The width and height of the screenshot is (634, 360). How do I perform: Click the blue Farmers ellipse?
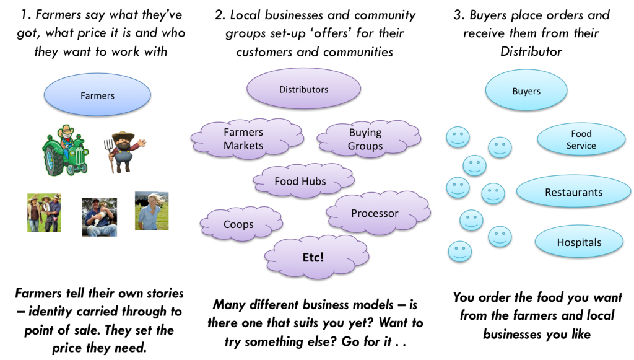click(x=97, y=95)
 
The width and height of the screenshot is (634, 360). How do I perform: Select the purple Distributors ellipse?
click(x=303, y=89)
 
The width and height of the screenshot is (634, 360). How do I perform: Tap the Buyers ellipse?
click(x=526, y=90)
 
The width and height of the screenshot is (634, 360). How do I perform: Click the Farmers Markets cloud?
click(x=244, y=139)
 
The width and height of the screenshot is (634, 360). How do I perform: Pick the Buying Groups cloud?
click(x=365, y=139)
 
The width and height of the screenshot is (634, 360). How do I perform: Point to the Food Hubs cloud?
click(x=301, y=181)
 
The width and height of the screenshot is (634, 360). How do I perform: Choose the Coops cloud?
click(x=239, y=224)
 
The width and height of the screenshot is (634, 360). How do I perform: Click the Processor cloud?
click(x=375, y=213)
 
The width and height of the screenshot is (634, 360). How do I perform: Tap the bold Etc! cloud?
click(x=314, y=257)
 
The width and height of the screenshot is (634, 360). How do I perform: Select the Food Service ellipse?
click(x=581, y=139)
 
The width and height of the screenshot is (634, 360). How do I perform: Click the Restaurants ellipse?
click(x=573, y=192)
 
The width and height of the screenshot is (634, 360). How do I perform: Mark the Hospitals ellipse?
click(x=579, y=242)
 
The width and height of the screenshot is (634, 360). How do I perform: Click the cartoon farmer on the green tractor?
click(x=66, y=150)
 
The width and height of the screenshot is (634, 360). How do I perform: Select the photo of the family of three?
click(x=45, y=213)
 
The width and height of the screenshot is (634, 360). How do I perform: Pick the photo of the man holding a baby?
click(x=100, y=216)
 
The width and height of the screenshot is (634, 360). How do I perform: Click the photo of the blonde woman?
click(x=152, y=211)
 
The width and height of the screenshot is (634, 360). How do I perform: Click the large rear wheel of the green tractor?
click(x=53, y=160)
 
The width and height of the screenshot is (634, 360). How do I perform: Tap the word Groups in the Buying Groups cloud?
click(x=365, y=146)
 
